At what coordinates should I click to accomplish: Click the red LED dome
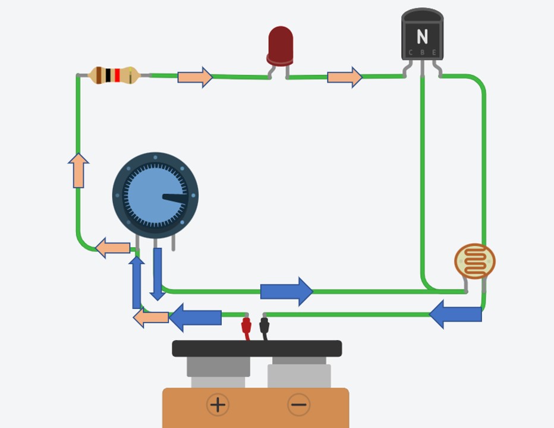point(281,43)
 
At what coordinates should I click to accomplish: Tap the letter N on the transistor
point(422,37)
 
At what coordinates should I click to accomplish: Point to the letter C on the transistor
point(410,53)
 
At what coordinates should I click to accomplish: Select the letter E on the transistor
point(434,53)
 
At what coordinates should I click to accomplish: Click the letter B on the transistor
point(422,53)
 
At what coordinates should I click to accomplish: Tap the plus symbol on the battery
point(218,405)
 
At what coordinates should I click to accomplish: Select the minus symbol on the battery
point(298,405)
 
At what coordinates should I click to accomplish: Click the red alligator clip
point(246,326)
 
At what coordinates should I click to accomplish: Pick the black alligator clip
point(265,326)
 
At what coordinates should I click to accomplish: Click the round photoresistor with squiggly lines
point(475,261)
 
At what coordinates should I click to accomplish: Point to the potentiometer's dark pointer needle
point(175,198)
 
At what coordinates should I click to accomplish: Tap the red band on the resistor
point(117,75)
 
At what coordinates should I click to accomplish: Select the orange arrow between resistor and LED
point(195,77)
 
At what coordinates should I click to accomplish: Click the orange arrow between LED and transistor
point(345,77)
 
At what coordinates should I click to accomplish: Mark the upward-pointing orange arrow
point(78,171)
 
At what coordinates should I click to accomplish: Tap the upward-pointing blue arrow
point(137,282)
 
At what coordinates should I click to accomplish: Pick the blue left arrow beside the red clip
point(196,317)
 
